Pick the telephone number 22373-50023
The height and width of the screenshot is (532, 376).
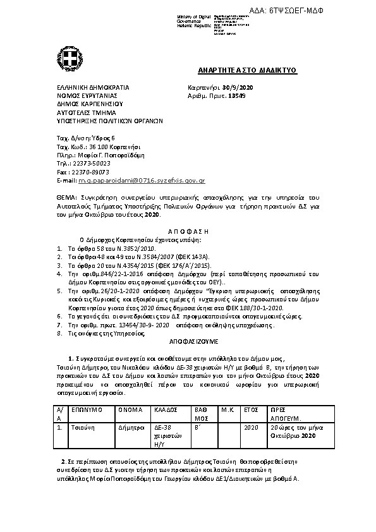click(93, 162)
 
